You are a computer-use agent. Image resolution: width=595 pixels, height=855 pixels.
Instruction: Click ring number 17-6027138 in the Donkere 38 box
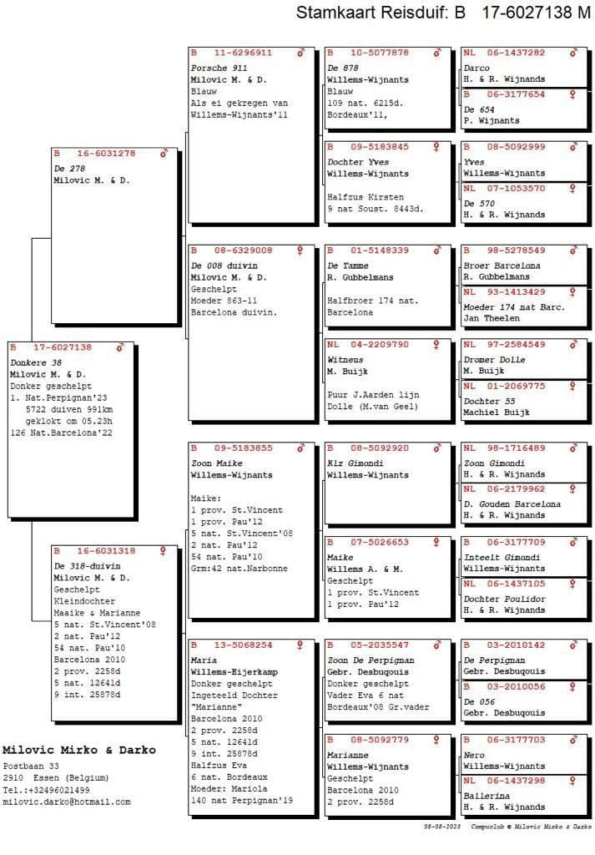click(x=63, y=347)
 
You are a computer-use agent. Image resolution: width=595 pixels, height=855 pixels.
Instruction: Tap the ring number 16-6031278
click(x=105, y=154)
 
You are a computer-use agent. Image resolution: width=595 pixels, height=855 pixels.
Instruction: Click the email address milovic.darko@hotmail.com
click(x=67, y=802)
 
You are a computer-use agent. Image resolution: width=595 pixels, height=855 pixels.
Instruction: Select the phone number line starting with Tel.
click(x=46, y=790)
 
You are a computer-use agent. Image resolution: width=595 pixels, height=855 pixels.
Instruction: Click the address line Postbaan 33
click(x=31, y=766)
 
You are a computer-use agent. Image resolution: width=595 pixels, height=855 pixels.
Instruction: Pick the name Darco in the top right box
click(x=477, y=68)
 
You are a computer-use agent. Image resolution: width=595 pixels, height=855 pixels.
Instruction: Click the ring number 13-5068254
click(x=243, y=645)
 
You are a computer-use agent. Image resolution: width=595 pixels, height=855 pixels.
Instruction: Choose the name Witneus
click(x=344, y=359)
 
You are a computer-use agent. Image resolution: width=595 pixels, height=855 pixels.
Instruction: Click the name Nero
click(x=473, y=755)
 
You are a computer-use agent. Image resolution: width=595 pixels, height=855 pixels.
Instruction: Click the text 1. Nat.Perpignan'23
click(x=55, y=398)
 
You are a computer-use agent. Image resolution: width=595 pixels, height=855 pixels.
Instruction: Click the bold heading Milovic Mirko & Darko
click(x=78, y=750)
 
